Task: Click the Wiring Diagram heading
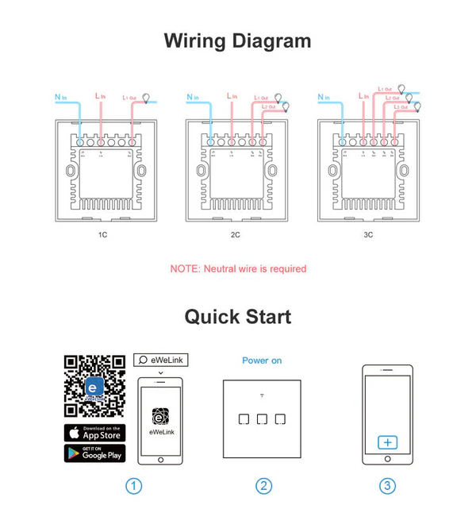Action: coord(237,40)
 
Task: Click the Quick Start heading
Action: coord(237,317)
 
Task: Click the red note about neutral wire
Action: coord(237,269)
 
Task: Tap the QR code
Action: coord(94,385)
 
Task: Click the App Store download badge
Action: coord(94,432)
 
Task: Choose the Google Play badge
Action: coord(94,453)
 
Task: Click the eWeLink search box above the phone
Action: coord(161,360)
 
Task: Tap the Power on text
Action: coord(262,361)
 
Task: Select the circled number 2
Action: coord(263,486)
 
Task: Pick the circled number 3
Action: coord(386,486)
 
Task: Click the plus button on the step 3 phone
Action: coord(386,442)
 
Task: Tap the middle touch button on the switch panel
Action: coord(262,418)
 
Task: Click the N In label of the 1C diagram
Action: coord(61,98)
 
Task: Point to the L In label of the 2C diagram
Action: coord(232,96)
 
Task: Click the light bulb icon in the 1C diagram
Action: coord(144,96)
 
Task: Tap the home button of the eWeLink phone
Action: coord(161,459)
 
